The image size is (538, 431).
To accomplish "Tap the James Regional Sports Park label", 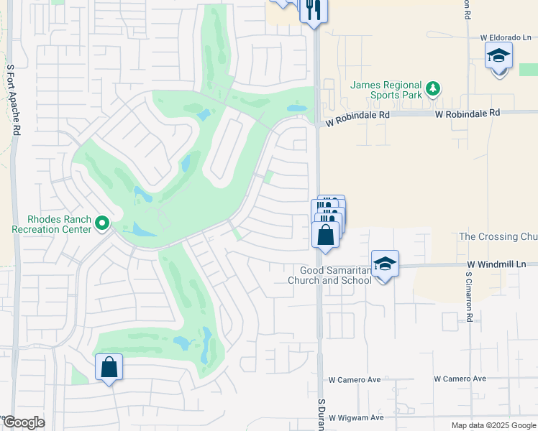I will click(385, 89).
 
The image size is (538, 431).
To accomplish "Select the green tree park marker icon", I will click(432, 89).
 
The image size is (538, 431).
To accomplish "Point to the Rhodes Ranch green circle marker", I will click(102, 224).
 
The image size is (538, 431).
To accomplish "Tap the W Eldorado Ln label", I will click(506, 37).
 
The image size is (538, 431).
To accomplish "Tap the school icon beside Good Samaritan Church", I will click(385, 264).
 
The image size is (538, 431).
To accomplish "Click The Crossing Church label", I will click(498, 236).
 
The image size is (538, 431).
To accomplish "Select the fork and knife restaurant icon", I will click(313, 9).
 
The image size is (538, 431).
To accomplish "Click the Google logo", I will click(24, 422).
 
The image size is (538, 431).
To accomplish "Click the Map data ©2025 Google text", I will click(493, 425).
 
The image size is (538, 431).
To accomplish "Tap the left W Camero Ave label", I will click(355, 379).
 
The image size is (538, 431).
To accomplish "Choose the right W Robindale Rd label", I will click(467, 113).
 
